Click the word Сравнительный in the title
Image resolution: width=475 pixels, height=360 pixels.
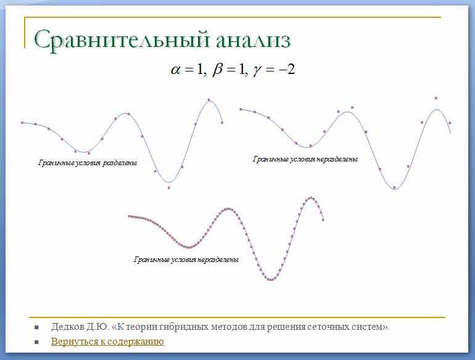point(122,40)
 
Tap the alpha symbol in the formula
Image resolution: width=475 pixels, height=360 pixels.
point(175,70)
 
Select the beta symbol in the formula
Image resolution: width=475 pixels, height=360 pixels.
point(218,70)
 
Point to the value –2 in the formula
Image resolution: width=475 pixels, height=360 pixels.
point(287,69)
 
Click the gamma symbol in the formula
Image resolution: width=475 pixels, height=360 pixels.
point(257,71)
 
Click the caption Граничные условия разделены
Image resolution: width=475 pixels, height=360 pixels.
point(88,163)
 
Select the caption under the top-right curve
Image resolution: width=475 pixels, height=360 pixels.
point(305,159)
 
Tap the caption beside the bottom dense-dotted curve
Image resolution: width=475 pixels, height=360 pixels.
point(186,260)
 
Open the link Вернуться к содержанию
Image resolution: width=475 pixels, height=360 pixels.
point(107,342)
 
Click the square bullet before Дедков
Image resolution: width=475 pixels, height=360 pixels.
point(36,327)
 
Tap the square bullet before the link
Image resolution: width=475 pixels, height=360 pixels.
point(36,342)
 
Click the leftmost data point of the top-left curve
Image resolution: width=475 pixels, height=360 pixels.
point(22,123)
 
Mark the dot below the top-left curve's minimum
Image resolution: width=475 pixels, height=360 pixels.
point(169,188)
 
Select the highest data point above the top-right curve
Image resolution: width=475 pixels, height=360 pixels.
point(436,98)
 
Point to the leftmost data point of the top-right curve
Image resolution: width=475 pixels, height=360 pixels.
point(241,109)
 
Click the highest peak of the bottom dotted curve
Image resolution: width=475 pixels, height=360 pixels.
point(311,198)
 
